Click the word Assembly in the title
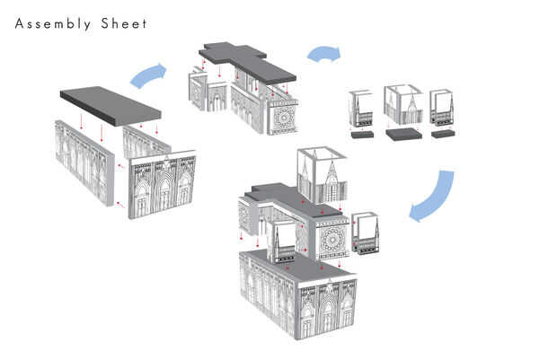tap(53, 23)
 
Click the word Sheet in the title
tap(124, 23)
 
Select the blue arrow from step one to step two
tap(149, 75)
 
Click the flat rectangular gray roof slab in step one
tap(110, 104)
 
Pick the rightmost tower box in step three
tap(443, 110)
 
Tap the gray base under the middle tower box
tap(404, 135)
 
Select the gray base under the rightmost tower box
tap(444, 135)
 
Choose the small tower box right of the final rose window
tap(367, 234)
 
